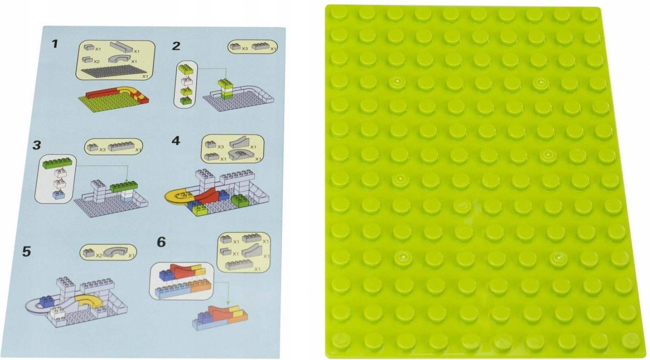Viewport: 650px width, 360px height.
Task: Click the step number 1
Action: click(55, 44)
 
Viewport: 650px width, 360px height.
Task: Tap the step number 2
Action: click(176, 46)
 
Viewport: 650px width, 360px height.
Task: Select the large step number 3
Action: click(37, 145)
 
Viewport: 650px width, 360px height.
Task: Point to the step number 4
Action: click(176, 141)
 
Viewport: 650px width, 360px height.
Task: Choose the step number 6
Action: click(161, 242)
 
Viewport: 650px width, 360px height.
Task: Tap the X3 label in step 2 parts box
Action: click(245, 49)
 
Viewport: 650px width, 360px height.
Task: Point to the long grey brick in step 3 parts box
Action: click(121, 147)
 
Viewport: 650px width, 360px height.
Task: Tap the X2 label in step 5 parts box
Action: click(99, 256)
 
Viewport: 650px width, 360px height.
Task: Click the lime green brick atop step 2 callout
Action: click(186, 69)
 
